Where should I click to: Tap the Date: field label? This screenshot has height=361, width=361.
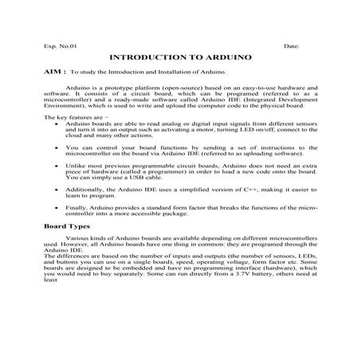291,47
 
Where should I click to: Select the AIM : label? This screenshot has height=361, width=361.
54,72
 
